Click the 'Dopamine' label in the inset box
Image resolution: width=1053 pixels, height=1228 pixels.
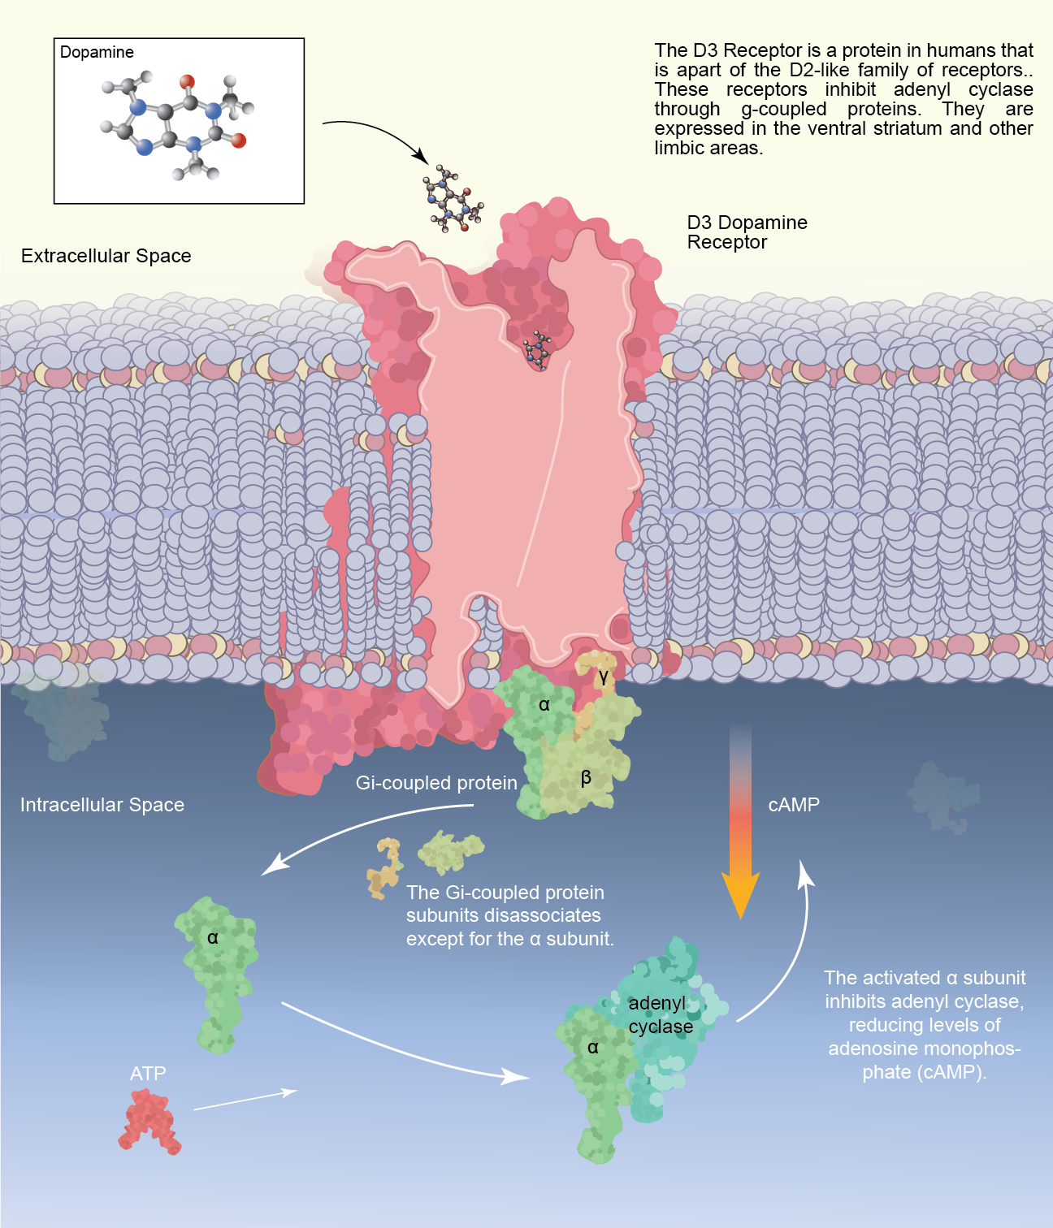pos(97,53)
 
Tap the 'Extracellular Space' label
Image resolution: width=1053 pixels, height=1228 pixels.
pos(106,256)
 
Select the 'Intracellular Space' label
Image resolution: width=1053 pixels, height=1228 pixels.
pos(102,805)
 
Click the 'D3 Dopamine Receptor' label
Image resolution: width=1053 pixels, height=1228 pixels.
pos(747,232)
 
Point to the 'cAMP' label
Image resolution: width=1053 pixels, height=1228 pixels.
pos(794,805)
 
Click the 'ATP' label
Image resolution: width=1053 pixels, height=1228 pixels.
pos(148,1074)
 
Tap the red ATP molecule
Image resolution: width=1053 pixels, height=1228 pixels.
pos(149,1122)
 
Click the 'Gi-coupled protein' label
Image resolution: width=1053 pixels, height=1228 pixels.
pos(436,783)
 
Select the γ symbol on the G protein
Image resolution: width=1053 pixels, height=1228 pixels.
pos(603,676)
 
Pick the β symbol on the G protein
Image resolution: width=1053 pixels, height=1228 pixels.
pos(586,778)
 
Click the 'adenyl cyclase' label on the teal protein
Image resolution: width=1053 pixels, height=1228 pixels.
pos(661,1014)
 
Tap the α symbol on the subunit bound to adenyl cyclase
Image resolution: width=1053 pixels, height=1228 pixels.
pos(593,1048)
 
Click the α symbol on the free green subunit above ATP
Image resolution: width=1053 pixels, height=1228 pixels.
pos(213,938)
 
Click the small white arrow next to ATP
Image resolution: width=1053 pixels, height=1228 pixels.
pos(246,1100)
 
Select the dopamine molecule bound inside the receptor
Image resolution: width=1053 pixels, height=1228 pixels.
pos(537,350)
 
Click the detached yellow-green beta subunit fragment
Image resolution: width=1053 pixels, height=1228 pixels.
pos(450,851)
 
